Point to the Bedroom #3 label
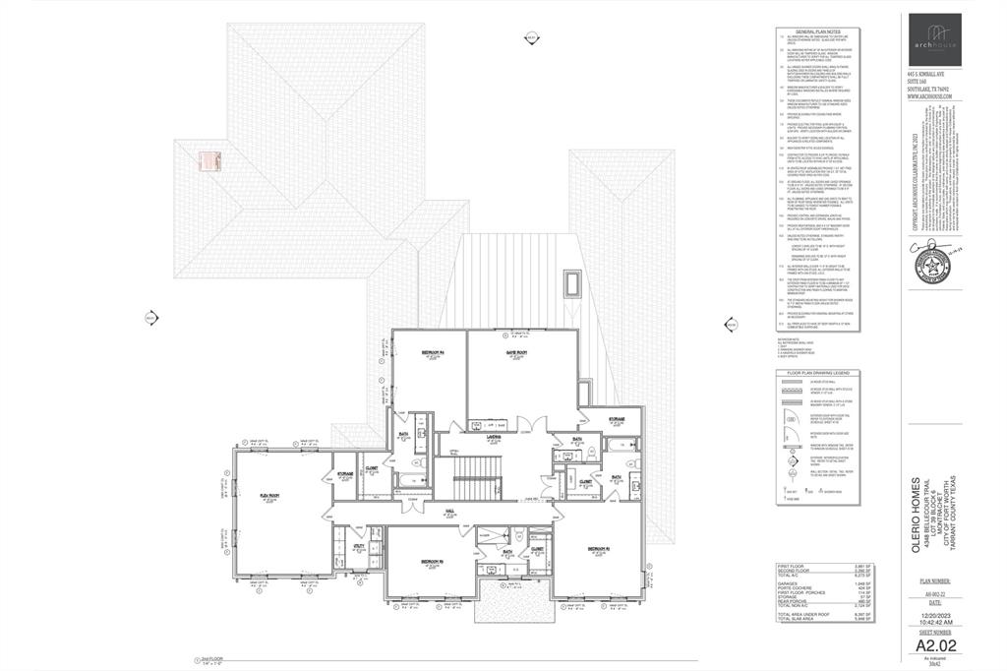(433, 562)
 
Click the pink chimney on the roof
(207, 161)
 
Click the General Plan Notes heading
(819, 31)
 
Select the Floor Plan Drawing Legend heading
(818, 374)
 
